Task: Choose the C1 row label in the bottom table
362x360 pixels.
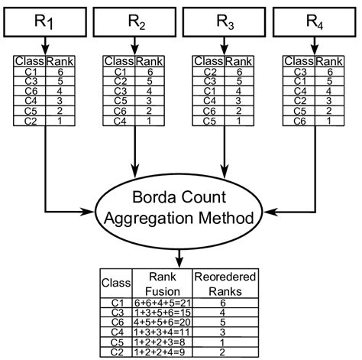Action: coord(117,303)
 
